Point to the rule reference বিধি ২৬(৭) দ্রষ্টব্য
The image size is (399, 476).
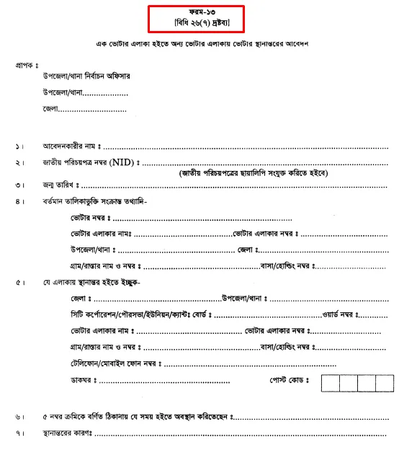196,25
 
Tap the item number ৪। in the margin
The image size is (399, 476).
18,201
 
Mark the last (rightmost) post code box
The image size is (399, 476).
385,382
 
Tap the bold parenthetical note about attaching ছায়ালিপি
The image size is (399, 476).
254,174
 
